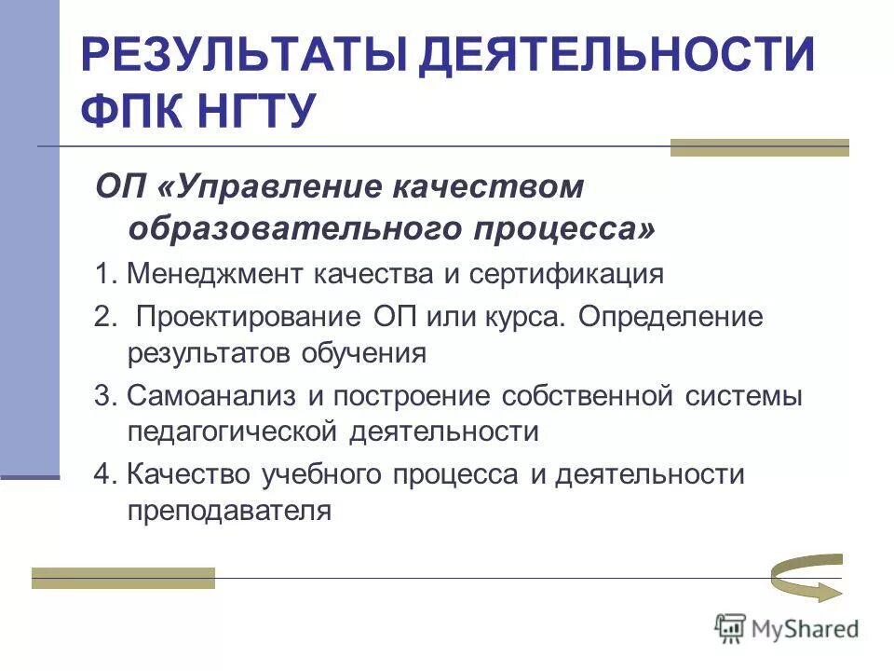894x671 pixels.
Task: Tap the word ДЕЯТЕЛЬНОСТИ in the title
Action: [x=616, y=56]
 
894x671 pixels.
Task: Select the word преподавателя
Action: [x=229, y=512]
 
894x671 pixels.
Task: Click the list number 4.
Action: [x=102, y=473]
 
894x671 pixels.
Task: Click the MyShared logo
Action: [x=787, y=629]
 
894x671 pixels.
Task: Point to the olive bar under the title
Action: [x=760, y=147]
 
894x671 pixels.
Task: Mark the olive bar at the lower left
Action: [x=123, y=578]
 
